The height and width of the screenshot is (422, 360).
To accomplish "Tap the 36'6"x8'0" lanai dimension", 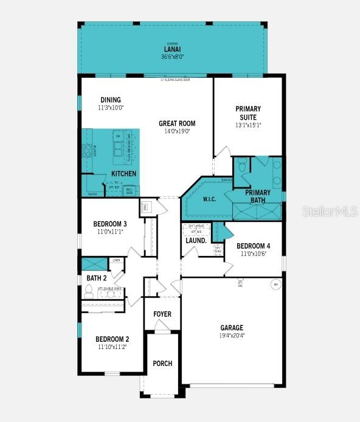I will pyautogui.click(x=171, y=57).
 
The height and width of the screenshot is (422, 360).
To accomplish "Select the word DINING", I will pyautogui.click(x=111, y=100).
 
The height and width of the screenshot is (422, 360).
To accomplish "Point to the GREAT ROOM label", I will pyautogui.click(x=177, y=123).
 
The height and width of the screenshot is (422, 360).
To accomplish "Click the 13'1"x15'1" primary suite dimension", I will pyautogui.click(x=247, y=126).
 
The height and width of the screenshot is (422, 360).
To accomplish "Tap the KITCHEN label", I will pyautogui.click(x=123, y=174).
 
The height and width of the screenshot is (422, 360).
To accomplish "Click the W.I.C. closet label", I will pyautogui.click(x=209, y=199).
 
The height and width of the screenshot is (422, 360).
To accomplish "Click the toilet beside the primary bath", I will pyautogui.click(x=241, y=165).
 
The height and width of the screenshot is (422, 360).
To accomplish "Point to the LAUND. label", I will pyautogui.click(x=196, y=240).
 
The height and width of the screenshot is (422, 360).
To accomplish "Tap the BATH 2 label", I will pyautogui.click(x=96, y=278).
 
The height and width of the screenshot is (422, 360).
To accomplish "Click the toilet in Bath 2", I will pyautogui.click(x=89, y=293).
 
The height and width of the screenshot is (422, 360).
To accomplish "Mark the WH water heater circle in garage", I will pyautogui.click(x=275, y=284).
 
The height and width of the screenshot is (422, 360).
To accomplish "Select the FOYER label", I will pyautogui.click(x=162, y=314).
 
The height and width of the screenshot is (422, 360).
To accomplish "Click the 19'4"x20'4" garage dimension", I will pyautogui.click(x=232, y=335).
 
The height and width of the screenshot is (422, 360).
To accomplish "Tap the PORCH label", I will pyautogui.click(x=162, y=364).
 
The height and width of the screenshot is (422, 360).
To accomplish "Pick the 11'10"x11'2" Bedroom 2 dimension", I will pyautogui.click(x=112, y=347).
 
